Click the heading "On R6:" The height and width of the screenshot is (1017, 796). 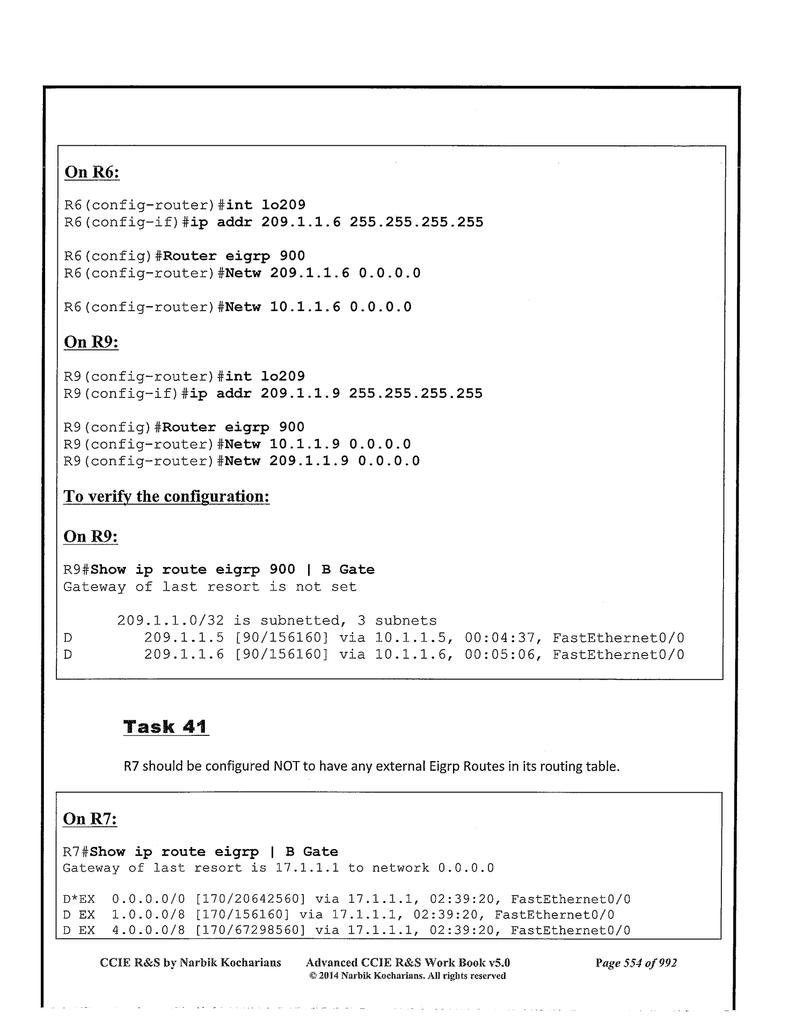[x=91, y=172]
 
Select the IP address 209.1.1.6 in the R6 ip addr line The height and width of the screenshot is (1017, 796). [x=301, y=222]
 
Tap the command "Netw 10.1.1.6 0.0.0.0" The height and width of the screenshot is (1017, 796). [x=318, y=307]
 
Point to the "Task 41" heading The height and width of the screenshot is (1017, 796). [x=165, y=727]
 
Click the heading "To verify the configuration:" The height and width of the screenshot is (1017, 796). [x=166, y=496]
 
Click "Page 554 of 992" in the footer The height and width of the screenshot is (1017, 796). [x=636, y=963]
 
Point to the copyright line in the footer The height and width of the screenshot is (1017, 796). [x=407, y=976]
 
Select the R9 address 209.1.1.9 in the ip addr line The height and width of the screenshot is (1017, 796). [x=300, y=393]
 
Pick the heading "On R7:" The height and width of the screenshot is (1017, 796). [x=90, y=819]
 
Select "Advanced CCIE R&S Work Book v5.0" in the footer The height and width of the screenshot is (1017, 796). [x=407, y=963]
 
